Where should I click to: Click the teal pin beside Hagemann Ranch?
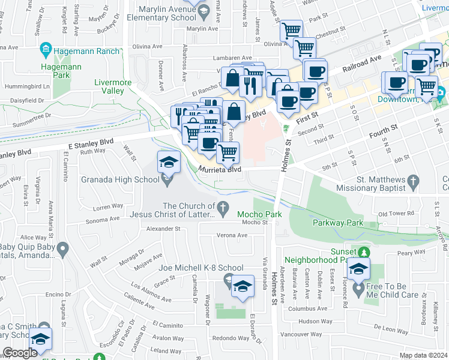click(45, 49)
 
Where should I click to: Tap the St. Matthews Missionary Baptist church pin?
click(412, 181)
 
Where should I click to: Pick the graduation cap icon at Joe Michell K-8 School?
click(243, 287)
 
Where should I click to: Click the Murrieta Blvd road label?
click(220, 170)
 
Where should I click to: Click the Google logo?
click(20, 353)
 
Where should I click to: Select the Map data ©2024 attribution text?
click(423, 355)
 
